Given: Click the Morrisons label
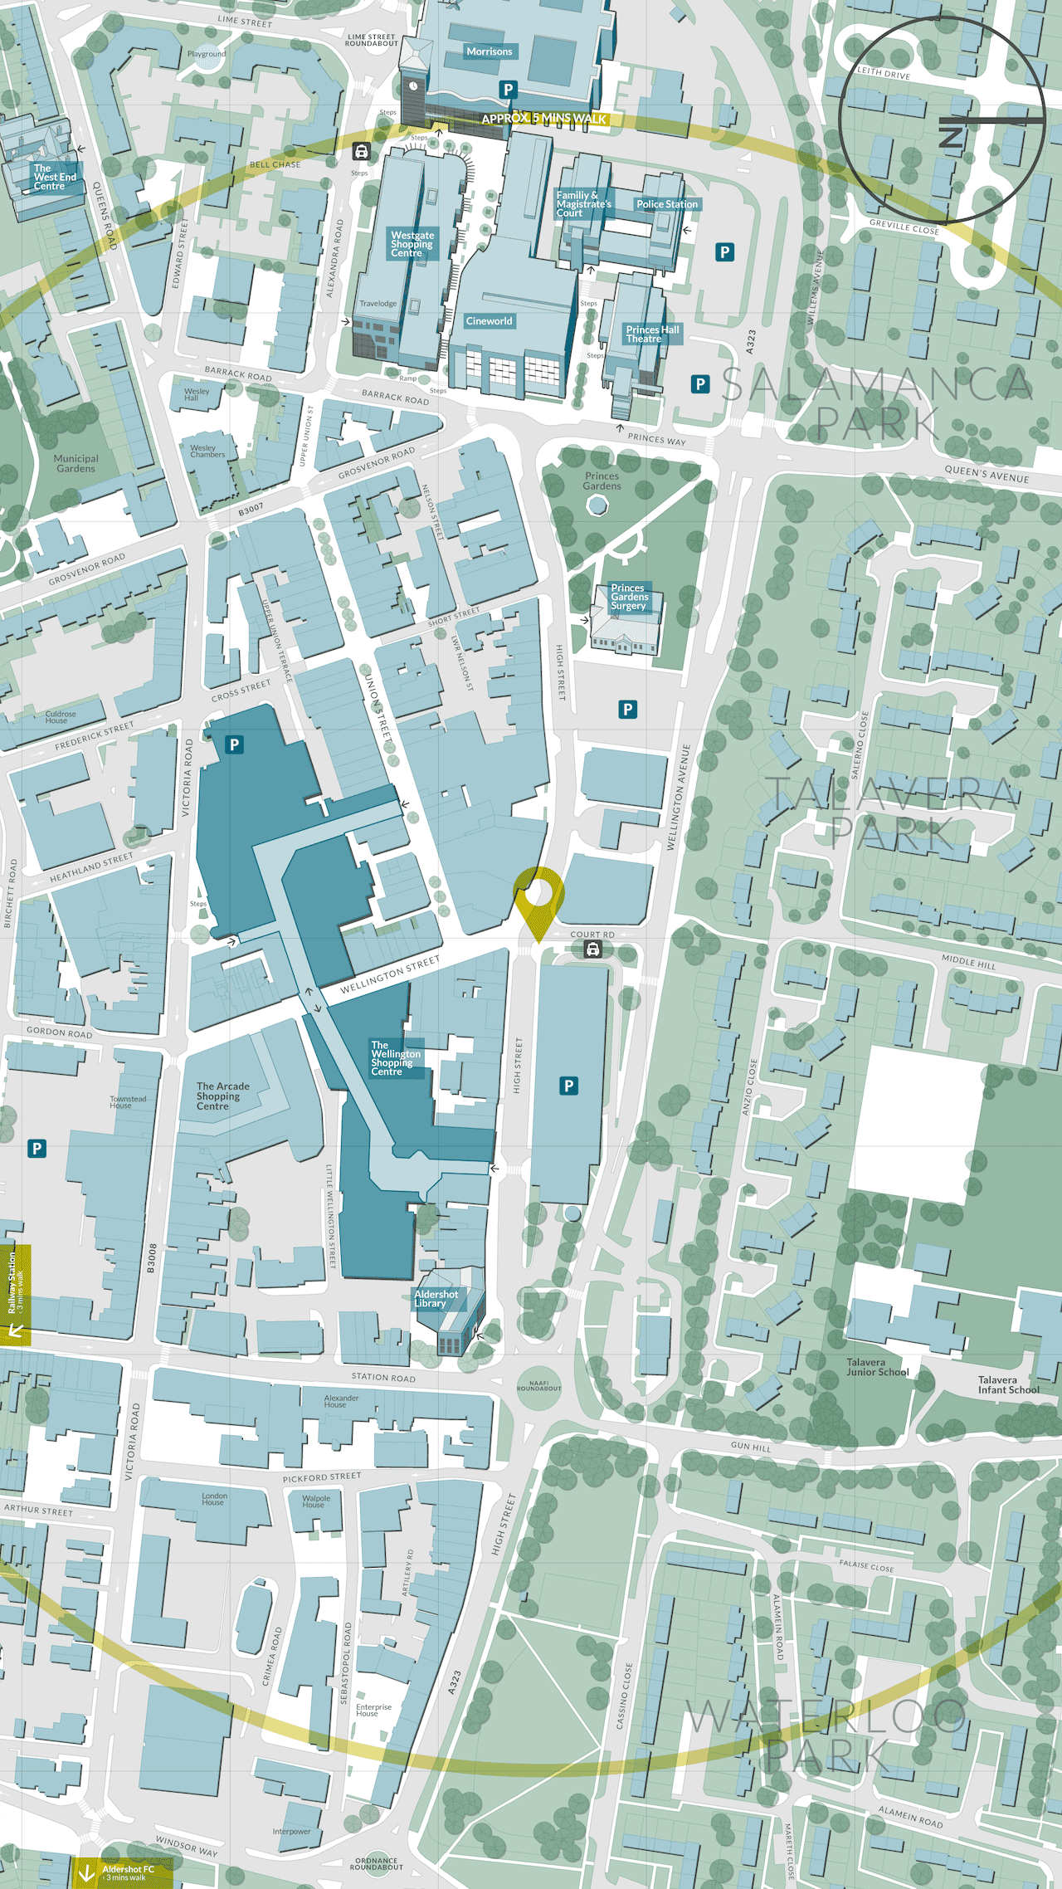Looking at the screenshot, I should pos(490,51).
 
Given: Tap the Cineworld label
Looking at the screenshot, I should pos(489,321).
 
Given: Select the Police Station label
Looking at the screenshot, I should pos(667,204).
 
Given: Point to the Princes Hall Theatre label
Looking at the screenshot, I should pos(652,334).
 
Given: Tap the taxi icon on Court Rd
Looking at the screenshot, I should pos(592,949).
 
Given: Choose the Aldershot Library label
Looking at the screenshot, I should pos(436,1298).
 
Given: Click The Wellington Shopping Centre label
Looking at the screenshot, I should pos(395,1058).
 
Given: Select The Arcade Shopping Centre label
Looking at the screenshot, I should pos(222,1096).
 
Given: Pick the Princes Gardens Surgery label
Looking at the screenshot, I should pos(629,597).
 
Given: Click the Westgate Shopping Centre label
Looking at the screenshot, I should pos(412,244).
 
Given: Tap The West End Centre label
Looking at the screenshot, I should pos(54,177).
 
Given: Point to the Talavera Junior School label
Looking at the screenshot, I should pos(877,1367).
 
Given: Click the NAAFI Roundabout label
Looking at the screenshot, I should pos(538,1385).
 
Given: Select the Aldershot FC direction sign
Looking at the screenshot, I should pos(124,1872).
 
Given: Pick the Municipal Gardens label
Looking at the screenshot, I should pos(76,463).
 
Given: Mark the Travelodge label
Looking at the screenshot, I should pos(378,304).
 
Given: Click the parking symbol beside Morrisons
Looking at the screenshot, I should pos(509,90).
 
